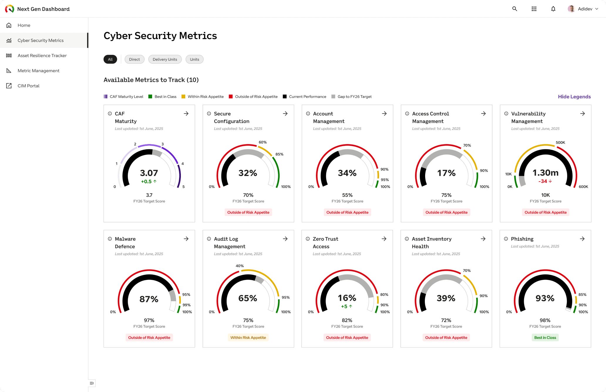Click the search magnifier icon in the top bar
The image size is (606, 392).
coord(515,9)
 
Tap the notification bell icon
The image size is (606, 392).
coord(553,9)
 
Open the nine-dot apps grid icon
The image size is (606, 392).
coord(534,9)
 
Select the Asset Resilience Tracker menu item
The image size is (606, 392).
coord(42,55)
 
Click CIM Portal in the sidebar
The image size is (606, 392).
coord(28,86)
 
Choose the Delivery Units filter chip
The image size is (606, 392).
coord(165,59)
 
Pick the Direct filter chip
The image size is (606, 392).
coord(134,59)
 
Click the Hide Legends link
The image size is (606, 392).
coord(574,97)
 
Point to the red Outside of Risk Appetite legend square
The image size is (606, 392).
coord(231,97)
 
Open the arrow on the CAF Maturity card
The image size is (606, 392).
coord(186,114)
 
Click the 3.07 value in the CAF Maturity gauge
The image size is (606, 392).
coord(149,173)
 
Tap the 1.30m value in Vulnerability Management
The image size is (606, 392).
coord(546,173)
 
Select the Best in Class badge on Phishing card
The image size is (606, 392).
coord(545,337)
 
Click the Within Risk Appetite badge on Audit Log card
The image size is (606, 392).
coord(248,337)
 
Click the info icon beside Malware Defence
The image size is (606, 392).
coord(110,239)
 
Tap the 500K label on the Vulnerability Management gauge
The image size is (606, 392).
coord(560,143)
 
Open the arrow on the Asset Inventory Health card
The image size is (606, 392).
coord(483,239)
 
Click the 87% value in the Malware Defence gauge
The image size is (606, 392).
coord(149,299)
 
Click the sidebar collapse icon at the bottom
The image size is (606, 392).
coord(92,383)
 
